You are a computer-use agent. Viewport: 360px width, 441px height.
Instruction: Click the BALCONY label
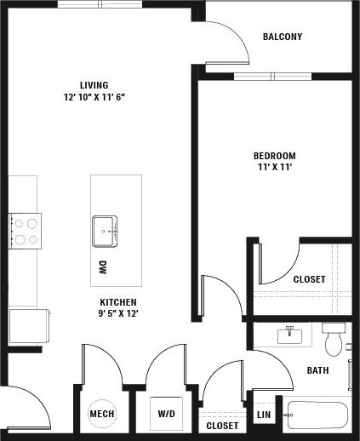pyautogui.click(x=282, y=37)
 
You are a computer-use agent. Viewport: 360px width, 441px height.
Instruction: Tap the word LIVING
pyautogui.click(x=94, y=85)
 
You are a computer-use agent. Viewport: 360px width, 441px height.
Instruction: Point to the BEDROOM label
pyautogui.click(x=274, y=156)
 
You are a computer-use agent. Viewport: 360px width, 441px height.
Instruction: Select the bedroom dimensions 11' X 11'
pyautogui.click(x=274, y=168)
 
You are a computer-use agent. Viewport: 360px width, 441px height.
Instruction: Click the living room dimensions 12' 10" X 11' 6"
pyautogui.click(x=94, y=97)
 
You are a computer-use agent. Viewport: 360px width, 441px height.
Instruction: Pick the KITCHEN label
pyautogui.click(x=118, y=302)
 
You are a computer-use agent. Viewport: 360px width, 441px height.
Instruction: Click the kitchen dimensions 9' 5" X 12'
pyautogui.click(x=118, y=314)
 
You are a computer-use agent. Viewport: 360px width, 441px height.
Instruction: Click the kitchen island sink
pyautogui.click(x=106, y=230)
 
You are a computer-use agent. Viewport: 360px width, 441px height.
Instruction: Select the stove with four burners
pyautogui.click(x=25, y=231)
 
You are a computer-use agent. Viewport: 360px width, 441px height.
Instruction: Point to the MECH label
pyautogui.click(x=101, y=415)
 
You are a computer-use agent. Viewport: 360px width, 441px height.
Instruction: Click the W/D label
pyautogui.click(x=167, y=415)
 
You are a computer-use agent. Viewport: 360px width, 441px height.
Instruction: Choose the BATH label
pyautogui.click(x=317, y=370)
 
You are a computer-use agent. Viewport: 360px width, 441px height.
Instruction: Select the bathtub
pyautogui.click(x=317, y=415)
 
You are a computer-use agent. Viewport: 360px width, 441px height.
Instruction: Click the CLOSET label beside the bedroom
pyautogui.click(x=308, y=279)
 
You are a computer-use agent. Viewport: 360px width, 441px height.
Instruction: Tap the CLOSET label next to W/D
pyautogui.click(x=221, y=425)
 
